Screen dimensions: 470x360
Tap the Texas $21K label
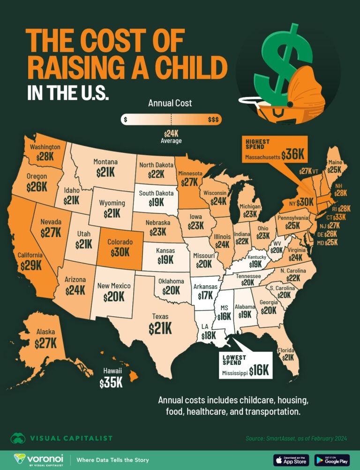pyautogui.click(x=160, y=328)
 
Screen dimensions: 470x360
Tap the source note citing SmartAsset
pyautogui.click(x=296, y=439)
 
